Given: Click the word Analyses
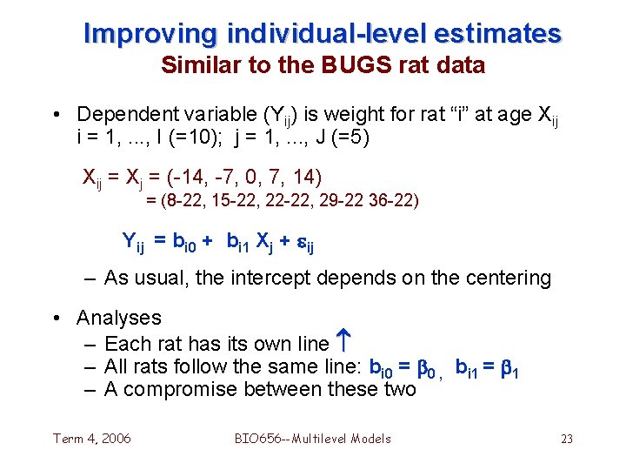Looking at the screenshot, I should pos(119,319).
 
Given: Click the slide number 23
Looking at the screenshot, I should pos(566,439).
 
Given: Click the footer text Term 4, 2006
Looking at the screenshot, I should pos(92,438).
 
